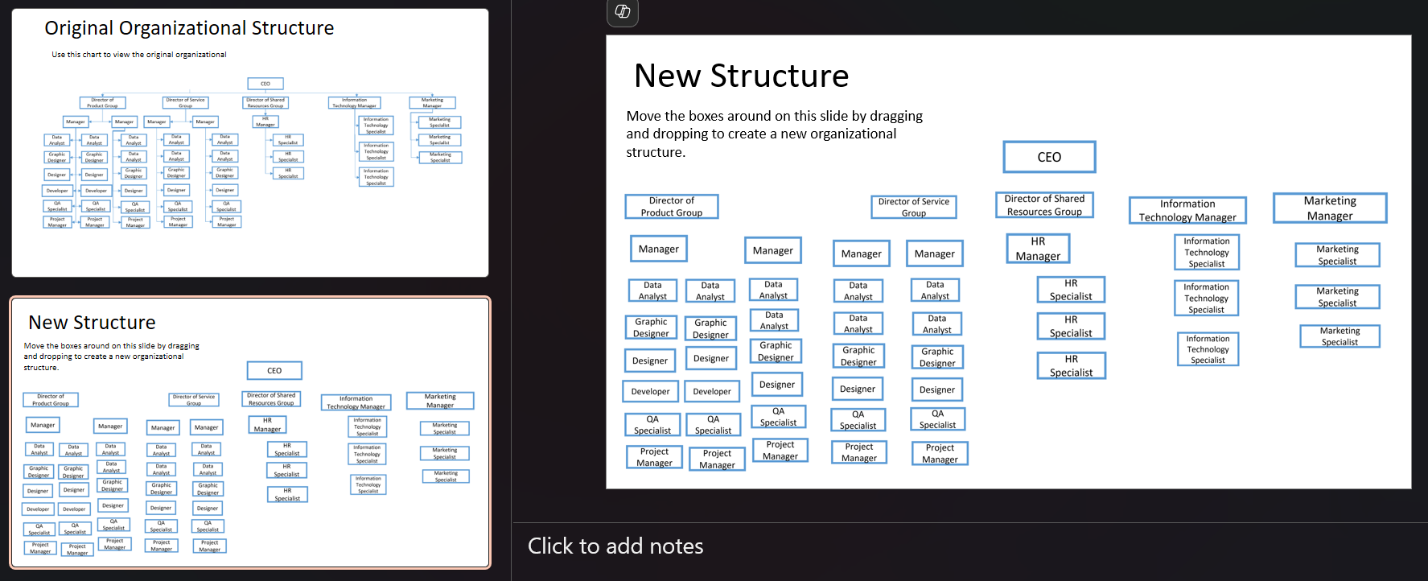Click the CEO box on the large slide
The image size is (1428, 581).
click(x=1049, y=157)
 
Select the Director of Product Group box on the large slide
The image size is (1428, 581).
click(x=672, y=207)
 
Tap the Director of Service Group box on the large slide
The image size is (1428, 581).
click(x=913, y=208)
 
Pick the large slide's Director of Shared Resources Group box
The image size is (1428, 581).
click(x=1044, y=205)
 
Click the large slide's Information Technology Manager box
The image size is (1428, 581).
click(x=1187, y=210)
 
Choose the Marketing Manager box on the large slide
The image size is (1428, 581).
click(x=1330, y=208)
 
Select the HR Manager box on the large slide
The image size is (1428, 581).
click(x=1038, y=249)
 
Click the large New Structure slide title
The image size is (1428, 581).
click(x=741, y=76)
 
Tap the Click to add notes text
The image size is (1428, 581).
click(x=615, y=546)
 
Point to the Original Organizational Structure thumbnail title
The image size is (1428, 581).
click(x=189, y=28)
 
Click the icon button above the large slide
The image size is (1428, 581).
click(x=623, y=11)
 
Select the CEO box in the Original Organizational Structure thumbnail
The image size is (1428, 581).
click(x=265, y=84)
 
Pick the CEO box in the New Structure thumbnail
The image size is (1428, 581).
click(x=274, y=371)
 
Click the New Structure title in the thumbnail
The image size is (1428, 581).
click(x=93, y=323)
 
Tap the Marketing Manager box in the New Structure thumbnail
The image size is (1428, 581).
click(x=440, y=401)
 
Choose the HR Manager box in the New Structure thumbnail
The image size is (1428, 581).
click(x=267, y=425)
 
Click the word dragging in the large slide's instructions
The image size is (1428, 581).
click(x=895, y=117)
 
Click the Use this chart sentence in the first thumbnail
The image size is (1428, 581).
click(x=139, y=55)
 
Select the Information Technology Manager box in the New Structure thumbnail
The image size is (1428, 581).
click(x=356, y=402)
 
